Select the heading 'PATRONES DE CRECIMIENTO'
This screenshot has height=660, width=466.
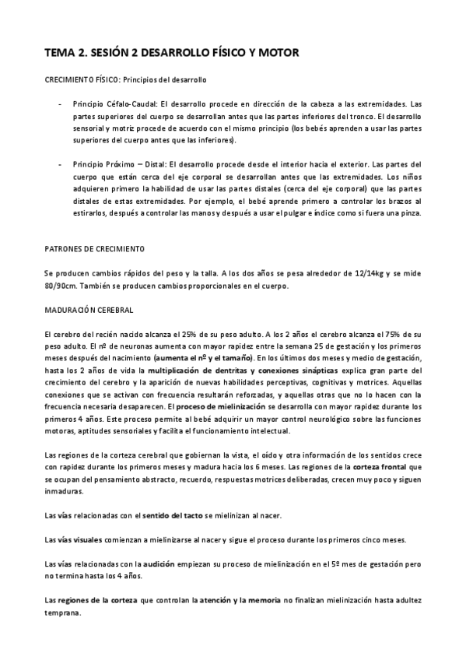96,249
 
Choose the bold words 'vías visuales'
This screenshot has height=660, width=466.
82,540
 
